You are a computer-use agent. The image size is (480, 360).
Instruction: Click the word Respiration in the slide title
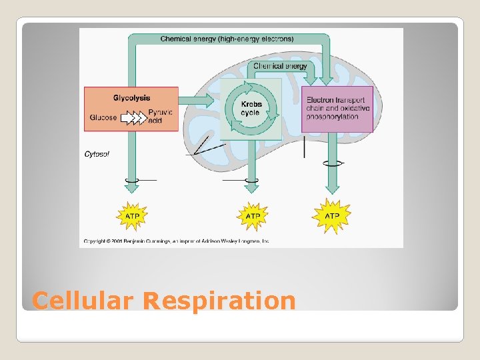[219, 301]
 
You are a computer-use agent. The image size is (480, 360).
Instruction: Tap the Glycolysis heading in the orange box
[131, 98]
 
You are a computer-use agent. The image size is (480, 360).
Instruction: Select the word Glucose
[103, 118]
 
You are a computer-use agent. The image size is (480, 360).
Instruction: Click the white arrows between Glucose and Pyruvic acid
[135, 118]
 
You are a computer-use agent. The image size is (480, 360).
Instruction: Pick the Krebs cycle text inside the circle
[250, 109]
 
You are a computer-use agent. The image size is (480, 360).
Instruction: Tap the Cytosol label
[97, 154]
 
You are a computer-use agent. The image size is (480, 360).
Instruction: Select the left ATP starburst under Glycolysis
[132, 216]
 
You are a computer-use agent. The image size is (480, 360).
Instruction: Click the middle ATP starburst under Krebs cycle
[253, 216]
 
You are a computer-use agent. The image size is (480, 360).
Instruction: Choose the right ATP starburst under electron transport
[331, 216]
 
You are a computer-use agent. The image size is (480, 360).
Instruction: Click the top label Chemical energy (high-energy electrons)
[227, 39]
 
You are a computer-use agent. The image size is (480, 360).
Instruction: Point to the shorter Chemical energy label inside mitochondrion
[280, 66]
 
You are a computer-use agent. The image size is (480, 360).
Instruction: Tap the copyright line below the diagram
[177, 241]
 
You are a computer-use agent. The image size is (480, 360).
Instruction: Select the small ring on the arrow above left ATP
[132, 179]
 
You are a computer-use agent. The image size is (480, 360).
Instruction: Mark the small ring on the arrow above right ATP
[331, 162]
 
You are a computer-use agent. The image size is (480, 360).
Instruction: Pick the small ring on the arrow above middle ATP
[252, 179]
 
